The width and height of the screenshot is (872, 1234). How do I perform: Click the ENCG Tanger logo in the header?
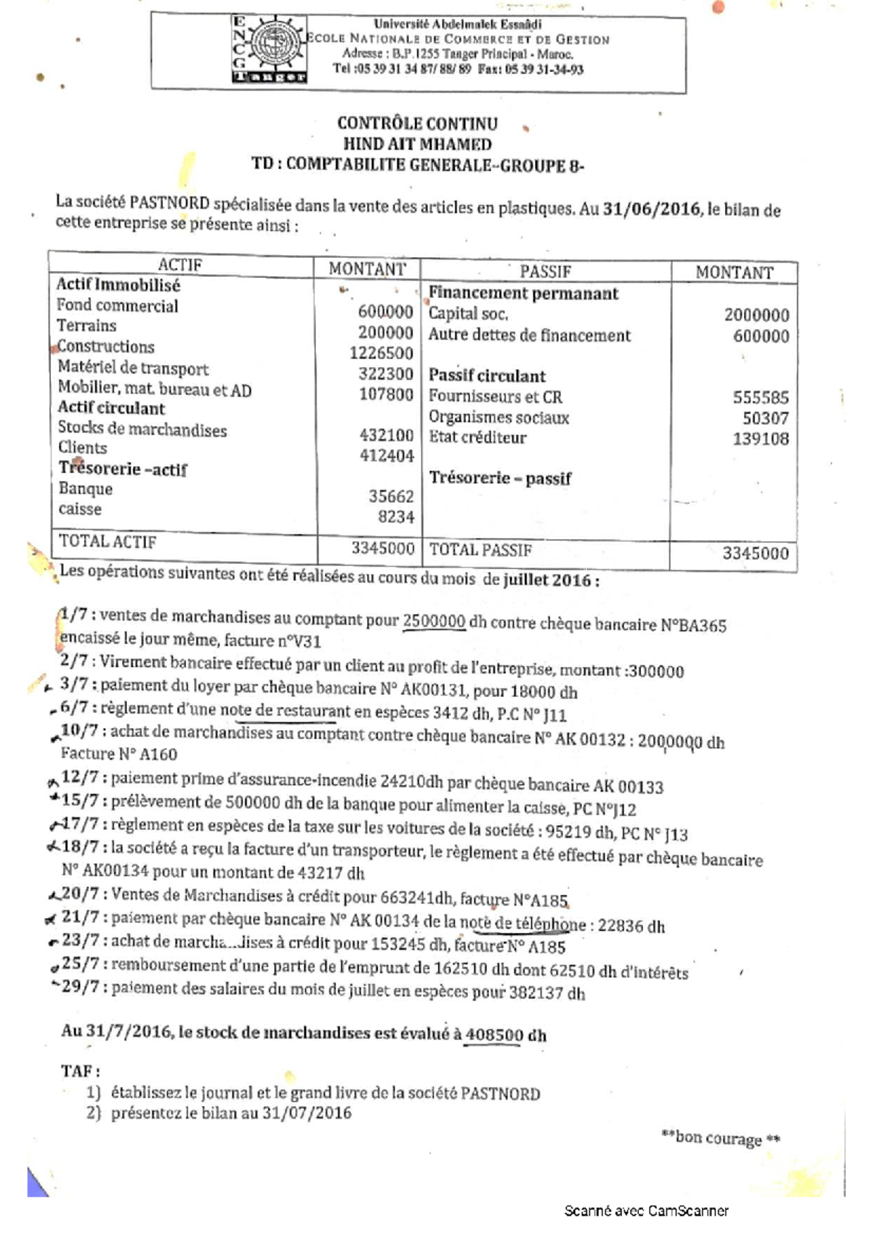pyautogui.click(x=267, y=49)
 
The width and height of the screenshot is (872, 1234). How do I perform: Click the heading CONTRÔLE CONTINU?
pyautogui.click(x=417, y=124)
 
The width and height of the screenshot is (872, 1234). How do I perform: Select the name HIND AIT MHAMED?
pyautogui.click(x=417, y=144)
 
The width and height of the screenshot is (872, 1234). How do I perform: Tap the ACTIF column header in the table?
pyautogui.click(x=179, y=265)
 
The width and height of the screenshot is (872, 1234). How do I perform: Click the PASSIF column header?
pyautogui.click(x=545, y=271)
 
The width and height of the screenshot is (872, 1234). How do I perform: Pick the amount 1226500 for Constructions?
pyautogui.click(x=381, y=353)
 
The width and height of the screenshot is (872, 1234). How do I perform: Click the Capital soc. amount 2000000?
pyautogui.click(x=756, y=315)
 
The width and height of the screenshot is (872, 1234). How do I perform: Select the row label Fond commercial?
pyautogui.click(x=118, y=306)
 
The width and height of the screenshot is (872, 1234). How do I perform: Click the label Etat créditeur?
pyautogui.click(x=477, y=437)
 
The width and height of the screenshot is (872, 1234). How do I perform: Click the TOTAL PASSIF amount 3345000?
pyautogui.click(x=754, y=553)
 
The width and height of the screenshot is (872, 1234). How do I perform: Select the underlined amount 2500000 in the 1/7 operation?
pyautogui.click(x=434, y=621)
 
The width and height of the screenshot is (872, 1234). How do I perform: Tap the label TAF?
pyautogui.click(x=81, y=1071)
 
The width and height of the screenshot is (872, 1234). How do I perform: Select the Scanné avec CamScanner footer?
pyautogui.click(x=646, y=1210)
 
